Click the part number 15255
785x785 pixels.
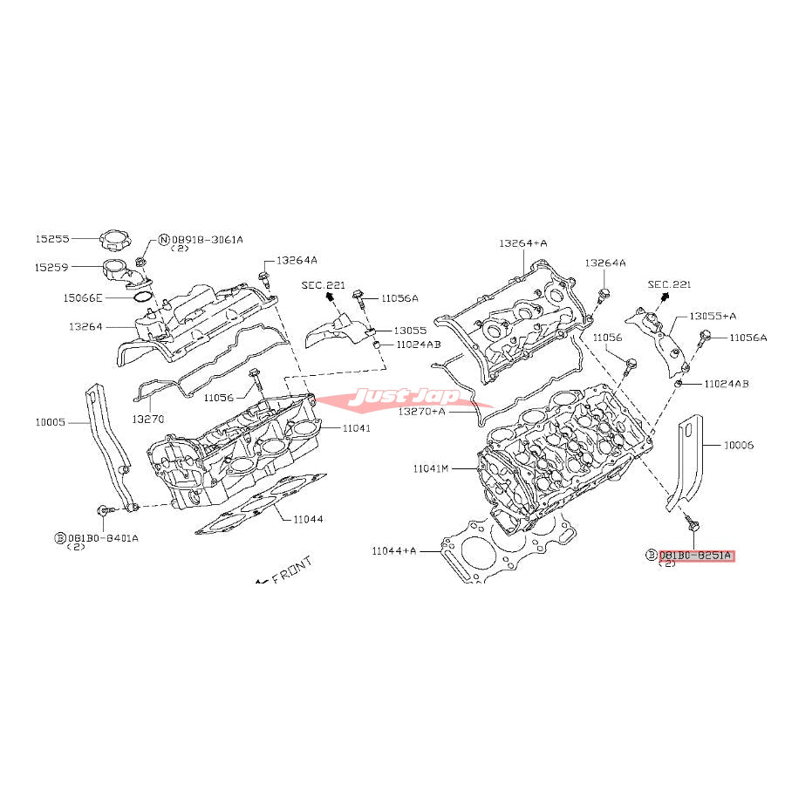tap(51, 237)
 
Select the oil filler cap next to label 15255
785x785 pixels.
tap(114, 238)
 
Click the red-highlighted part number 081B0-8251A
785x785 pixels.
tap(696, 555)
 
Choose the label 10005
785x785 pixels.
tap(51, 421)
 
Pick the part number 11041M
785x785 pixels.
tap(431, 468)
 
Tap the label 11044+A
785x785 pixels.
tap(394, 550)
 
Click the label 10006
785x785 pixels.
tap(738, 445)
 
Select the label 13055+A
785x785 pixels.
tap(713, 316)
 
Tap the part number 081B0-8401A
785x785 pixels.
tap(103, 537)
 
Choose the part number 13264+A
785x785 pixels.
tap(523, 242)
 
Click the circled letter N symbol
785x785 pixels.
tap(163, 239)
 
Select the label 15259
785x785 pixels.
tap(51, 267)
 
